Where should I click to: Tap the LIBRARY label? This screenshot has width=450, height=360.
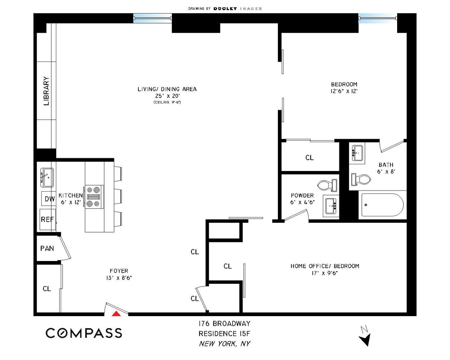pyautogui.click(x=46, y=91)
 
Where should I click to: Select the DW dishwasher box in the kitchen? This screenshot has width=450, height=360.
pyautogui.click(x=49, y=198)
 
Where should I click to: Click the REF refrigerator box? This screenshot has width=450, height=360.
pyautogui.click(x=48, y=219)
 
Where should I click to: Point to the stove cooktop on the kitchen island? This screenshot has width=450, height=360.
pyautogui.click(x=94, y=197)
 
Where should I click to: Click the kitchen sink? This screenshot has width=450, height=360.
pyautogui.click(x=47, y=178)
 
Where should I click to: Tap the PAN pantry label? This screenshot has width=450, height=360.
pyautogui.click(x=47, y=249)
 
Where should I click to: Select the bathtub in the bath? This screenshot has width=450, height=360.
pyautogui.click(x=381, y=205)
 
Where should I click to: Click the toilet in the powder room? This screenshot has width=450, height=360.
pyautogui.click(x=327, y=185)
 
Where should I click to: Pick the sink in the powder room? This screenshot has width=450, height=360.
pyautogui.click(x=331, y=206)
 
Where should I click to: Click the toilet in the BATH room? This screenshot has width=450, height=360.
pyautogui.click(x=361, y=179)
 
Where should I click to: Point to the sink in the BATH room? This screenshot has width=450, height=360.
pyautogui.click(x=357, y=153)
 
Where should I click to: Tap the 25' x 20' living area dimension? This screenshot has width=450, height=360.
pyautogui.click(x=168, y=96)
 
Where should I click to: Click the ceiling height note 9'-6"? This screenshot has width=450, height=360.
pyautogui.click(x=167, y=102)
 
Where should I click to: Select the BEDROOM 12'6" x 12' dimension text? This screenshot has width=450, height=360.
pyautogui.click(x=344, y=91)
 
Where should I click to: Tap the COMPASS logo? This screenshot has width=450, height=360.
pyautogui.click(x=84, y=333)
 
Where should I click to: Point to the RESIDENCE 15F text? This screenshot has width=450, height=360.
pyautogui.click(x=224, y=334)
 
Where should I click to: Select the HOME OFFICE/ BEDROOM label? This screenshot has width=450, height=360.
pyautogui.click(x=325, y=266)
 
